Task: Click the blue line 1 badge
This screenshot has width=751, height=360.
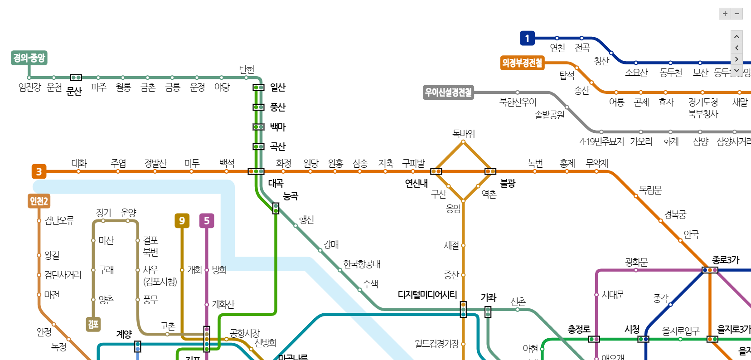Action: (527, 38)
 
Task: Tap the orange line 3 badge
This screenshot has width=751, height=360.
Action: (39, 171)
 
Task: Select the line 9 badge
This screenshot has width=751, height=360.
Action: (182, 220)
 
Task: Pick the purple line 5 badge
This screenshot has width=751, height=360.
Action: (207, 220)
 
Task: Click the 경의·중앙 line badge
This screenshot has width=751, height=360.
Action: (29, 58)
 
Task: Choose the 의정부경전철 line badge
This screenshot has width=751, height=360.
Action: (522, 63)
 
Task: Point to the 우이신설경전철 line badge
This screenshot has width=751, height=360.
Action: (448, 92)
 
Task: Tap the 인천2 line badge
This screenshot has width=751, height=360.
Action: (39, 201)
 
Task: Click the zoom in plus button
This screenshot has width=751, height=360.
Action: (725, 14)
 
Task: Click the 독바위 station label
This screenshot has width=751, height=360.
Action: (463, 134)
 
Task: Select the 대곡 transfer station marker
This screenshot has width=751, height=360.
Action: (256, 171)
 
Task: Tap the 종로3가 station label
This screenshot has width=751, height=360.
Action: (725, 260)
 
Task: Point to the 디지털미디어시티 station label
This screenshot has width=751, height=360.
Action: (427, 295)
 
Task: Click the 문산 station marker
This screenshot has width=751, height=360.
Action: (76, 78)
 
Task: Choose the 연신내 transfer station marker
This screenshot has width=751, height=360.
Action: (436, 171)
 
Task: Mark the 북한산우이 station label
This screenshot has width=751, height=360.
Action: (518, 102)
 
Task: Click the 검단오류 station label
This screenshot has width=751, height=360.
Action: (59, 220)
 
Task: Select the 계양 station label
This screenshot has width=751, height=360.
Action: (124, 334)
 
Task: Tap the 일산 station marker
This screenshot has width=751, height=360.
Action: (258, 88)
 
